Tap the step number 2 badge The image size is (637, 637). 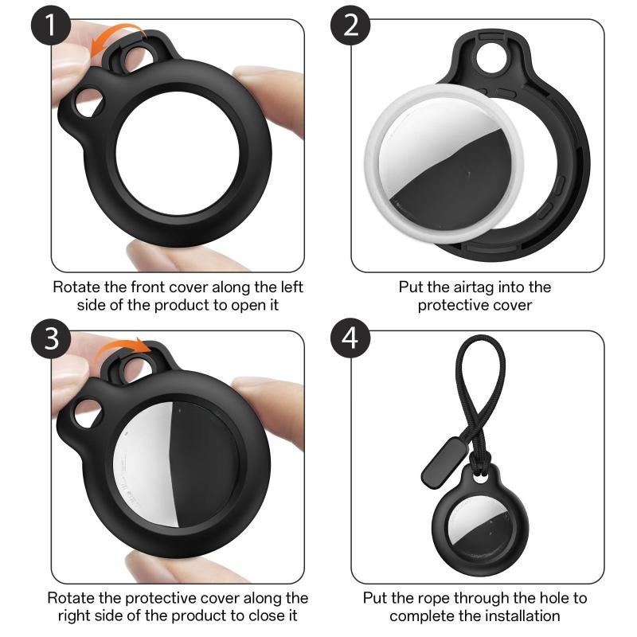(x=351, y=26)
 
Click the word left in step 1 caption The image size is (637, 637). (x=286, y=287)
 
